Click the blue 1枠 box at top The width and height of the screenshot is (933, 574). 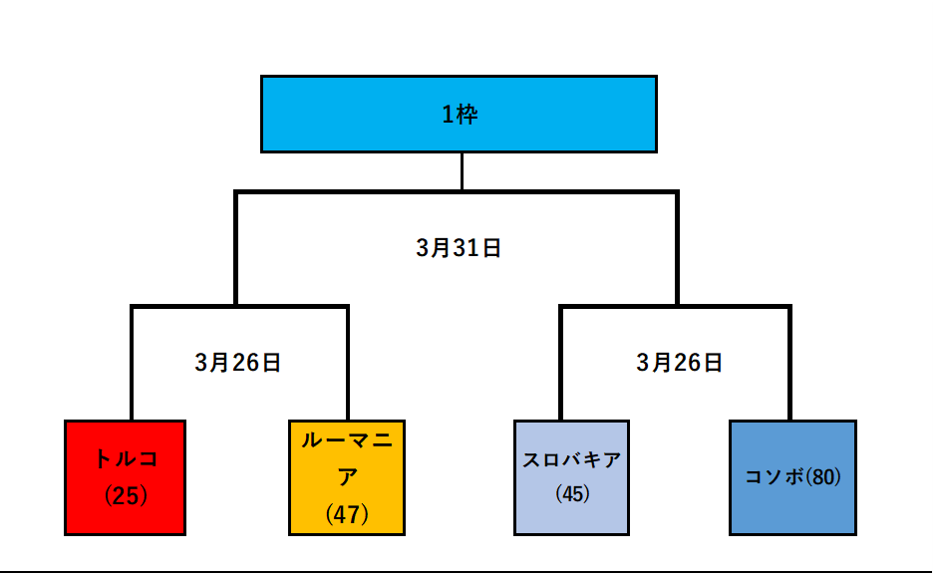459,114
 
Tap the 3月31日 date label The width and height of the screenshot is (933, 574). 459,249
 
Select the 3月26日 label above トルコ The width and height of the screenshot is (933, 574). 238,363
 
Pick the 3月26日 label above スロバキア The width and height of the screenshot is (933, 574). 680,363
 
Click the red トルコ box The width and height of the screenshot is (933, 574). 125,477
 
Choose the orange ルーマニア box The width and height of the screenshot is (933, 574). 347,477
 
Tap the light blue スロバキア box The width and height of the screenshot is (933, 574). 571,477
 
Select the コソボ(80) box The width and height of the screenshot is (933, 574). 792,477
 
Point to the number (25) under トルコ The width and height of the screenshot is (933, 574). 126,495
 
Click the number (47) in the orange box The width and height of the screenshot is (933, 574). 347,514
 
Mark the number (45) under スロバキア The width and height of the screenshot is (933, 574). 571,493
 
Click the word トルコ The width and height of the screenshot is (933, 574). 126,459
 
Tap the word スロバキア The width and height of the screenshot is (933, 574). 571,460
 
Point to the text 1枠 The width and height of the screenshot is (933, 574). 460,115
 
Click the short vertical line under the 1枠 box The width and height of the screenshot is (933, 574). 462,170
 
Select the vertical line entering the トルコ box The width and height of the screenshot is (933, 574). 132,364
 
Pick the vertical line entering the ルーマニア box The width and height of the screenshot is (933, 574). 347,364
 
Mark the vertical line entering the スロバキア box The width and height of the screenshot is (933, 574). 561,364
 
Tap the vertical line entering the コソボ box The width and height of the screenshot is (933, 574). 789,364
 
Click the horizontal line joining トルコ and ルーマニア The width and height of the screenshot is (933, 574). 239,307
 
